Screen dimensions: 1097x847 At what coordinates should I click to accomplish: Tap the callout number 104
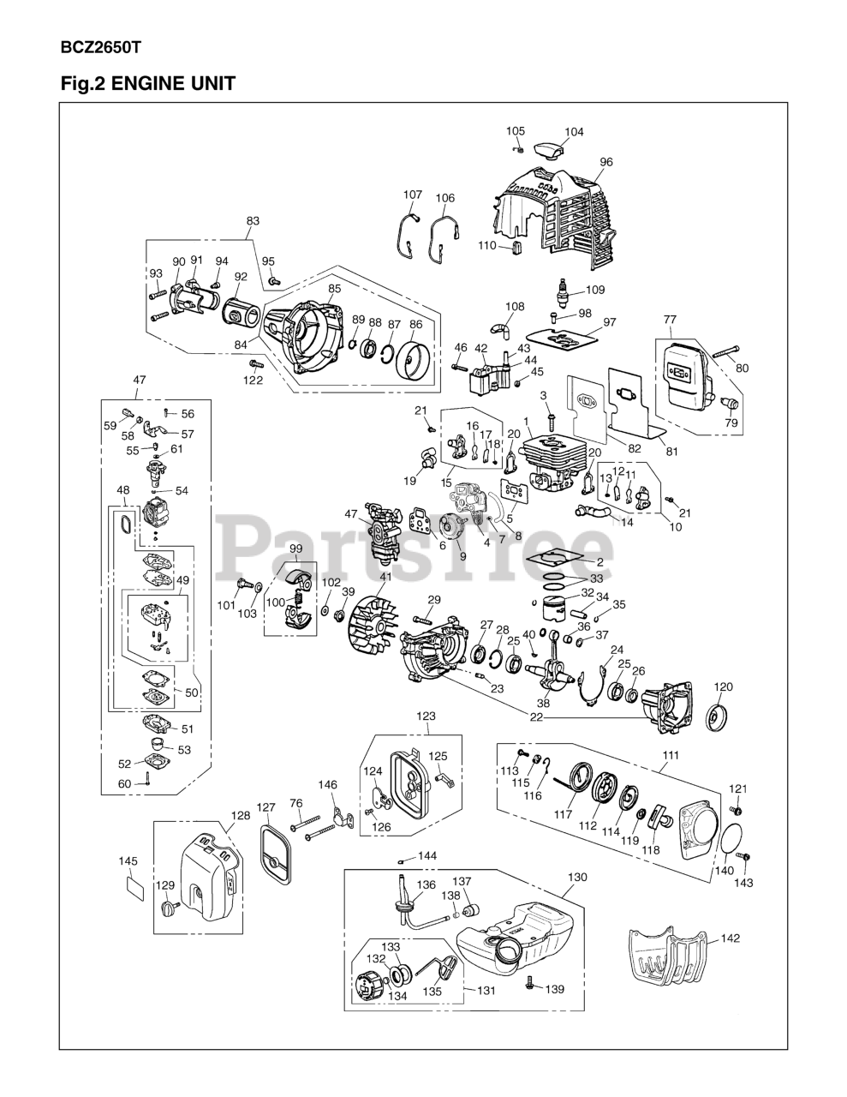click(574, 132)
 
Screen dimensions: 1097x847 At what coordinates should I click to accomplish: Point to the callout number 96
click(606, 162)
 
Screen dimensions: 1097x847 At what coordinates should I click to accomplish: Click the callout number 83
click(253, 221)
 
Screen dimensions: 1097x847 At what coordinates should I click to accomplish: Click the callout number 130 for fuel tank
click(578, 878)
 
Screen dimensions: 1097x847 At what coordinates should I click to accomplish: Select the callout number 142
click(730, 938)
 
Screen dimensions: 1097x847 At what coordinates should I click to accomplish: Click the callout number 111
click(671, 754)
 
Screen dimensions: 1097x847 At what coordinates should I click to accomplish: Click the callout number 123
click(426, 716)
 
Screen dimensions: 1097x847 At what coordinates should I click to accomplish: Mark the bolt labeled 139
click(530, 986)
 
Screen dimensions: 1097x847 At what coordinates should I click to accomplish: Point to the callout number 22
click(536, 717)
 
